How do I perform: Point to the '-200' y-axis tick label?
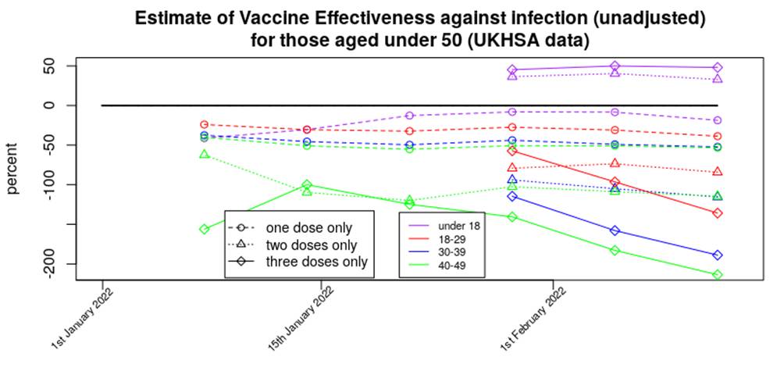click(49, 264)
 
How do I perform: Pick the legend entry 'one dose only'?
click(308, 228)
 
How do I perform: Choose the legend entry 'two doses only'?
click(312, 245)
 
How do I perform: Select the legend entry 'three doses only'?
click(316, 262)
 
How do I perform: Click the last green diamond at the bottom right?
click(717, 275)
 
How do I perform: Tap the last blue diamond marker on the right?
click(717, 255)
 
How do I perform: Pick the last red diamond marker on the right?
click(717, 213)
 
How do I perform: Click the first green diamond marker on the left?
click(204, 230)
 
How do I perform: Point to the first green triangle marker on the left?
click(204, 155)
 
